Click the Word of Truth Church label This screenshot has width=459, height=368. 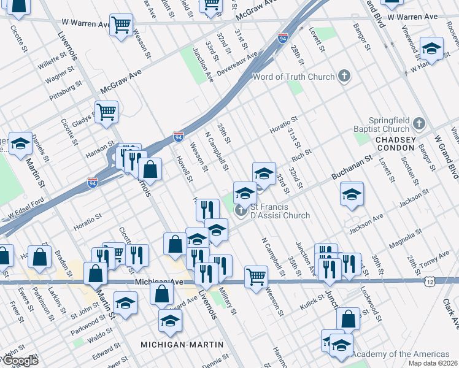(x=294, y=77)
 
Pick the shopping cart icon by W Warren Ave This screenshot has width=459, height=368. (x=121, y=25)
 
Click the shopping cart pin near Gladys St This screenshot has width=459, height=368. (x=106, y=112)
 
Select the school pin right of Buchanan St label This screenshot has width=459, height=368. (x=352, y=194)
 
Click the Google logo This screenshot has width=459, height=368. (x=20, y=361)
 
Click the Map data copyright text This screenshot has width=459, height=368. (x=433, y=363)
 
